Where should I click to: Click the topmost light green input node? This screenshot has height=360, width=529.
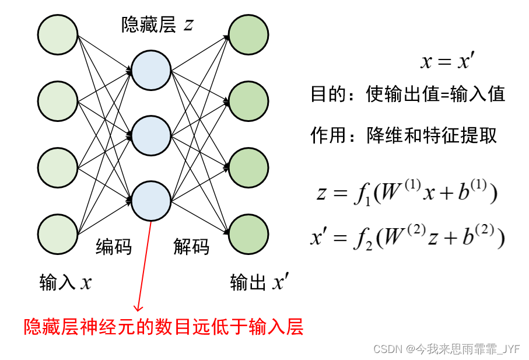click(x=58, y=35)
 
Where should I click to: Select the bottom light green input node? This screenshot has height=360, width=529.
click(x=58, y=235)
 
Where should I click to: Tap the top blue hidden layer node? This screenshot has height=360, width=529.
click(x=151, y=71)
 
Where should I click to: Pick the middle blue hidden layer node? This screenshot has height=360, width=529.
click(x=151, y=135)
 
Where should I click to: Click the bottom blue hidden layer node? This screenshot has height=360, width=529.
click(x=151, y=201)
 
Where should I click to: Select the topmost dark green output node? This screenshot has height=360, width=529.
click(x=248, y=35)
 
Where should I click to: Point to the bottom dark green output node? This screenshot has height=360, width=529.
click(x=248, y=235)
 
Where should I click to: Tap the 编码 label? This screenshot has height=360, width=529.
click(x=114, y=247)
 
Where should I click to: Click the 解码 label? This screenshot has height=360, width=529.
click(x=191, y=247)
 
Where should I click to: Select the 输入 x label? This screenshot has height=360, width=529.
click(x=65, y=283)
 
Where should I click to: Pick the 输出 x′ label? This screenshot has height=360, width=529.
click(x=258, y=283)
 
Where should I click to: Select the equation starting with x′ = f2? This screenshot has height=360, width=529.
click(x=407, y=236)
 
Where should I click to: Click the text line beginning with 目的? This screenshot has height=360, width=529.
click(x=407, y=95)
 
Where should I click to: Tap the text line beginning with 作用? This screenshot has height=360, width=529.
click(x=403, y=135)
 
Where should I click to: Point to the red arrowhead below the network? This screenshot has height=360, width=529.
click(x=138, y=307)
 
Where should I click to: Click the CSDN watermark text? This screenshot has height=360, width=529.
click(x=446, y=349)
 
